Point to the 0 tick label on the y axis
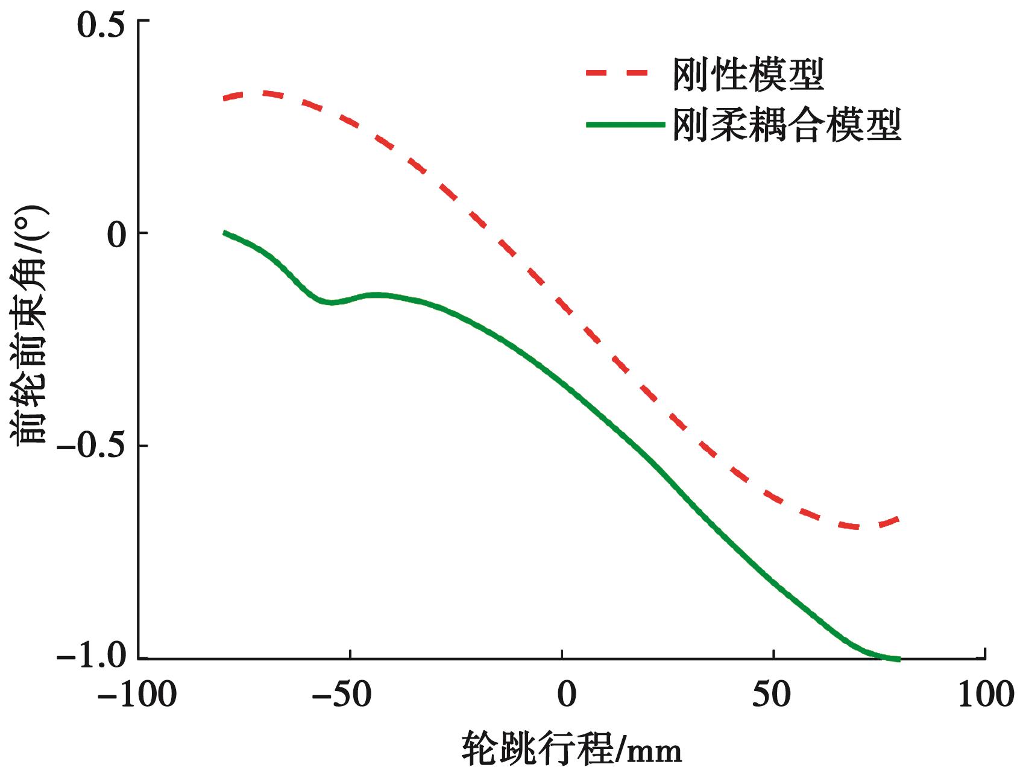click(118, 234)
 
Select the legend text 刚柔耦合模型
click(787, 125)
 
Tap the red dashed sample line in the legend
click(616, 74)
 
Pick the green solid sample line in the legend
click(625, 124)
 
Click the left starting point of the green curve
click(224, 232)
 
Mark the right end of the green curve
click(899, 658)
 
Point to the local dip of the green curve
click(331, 302)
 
